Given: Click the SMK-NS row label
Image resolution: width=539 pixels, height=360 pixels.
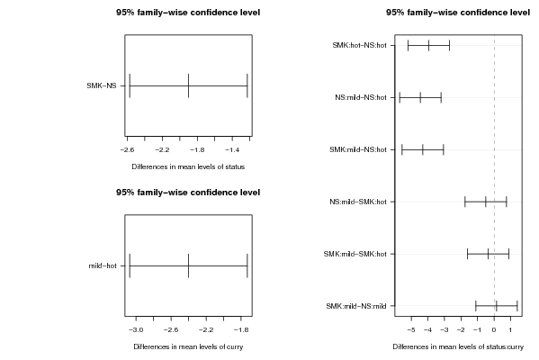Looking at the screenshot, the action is tap(102, 86).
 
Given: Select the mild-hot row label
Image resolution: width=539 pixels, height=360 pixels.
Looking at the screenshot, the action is tap(103, 265).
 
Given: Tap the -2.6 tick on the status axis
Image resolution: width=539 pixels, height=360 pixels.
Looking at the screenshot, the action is tap(127, 150).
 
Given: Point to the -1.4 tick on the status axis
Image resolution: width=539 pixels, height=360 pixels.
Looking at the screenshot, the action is tap(232, 150).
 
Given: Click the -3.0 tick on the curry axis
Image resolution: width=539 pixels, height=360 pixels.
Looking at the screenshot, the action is tap(136, 330).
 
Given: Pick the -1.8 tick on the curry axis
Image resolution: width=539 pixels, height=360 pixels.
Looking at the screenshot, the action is tap(241, 330).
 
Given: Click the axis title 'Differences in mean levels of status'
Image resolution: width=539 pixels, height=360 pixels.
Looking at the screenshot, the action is tap(188, 166).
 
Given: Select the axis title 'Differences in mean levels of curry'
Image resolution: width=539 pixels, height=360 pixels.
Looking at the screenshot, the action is tap(188, 346).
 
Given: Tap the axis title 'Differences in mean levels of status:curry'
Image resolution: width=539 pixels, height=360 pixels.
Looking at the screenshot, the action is tap(458, 346).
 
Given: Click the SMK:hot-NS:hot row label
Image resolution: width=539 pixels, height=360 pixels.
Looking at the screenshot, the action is tap(359, 45).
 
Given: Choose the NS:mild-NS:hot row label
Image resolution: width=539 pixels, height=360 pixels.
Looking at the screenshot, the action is tap(361, 98).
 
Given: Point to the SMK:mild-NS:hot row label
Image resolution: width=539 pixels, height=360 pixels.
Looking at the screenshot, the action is tap(358, 149).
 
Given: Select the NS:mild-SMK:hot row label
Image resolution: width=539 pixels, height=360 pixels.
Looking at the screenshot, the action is tap(358, 202).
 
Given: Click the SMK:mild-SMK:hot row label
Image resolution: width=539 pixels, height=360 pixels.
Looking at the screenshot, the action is tap(355, 254).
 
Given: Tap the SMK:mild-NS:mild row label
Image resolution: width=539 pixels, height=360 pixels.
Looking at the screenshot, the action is tap(356, 306).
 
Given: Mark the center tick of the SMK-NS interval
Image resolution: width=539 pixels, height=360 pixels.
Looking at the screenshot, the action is tap(188, 86).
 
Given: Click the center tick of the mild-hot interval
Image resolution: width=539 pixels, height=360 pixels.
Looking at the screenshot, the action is tap(188, 265).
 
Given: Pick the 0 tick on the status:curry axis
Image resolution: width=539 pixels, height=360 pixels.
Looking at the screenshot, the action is tap(494, 330).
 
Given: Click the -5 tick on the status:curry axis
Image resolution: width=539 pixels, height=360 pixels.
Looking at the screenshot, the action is tap(411, 330).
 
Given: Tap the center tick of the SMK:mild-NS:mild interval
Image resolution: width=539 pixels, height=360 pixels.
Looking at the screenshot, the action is tap(497, 306).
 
